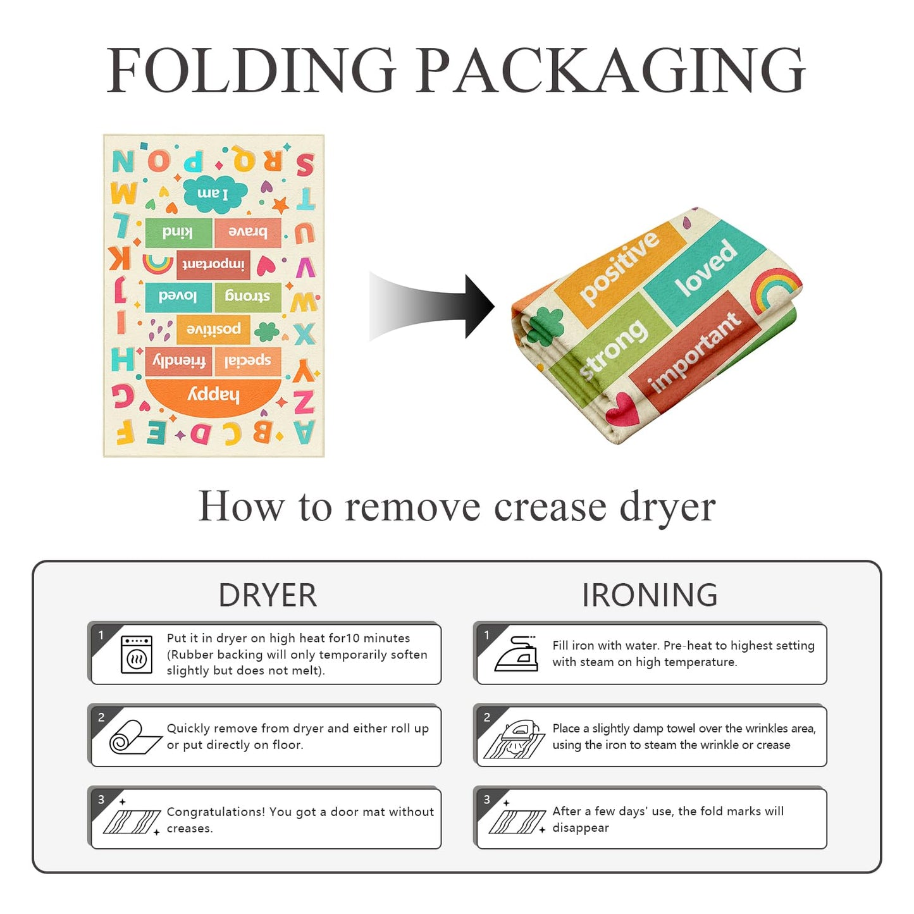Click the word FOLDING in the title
[x=251, y=70]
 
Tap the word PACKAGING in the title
[x=610, y=70]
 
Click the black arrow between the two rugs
[x=431, y=306]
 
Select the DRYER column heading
[x=268, y=595]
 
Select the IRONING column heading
[x=650, y=595]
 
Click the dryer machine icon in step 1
[x=137, y=655]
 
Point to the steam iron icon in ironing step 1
[x=516, y=654]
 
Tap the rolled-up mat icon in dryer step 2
[x=135, y=737]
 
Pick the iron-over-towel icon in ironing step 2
[x=515, y=739]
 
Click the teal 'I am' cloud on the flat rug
[x=215, y=193]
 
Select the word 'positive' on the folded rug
[x=619, y=268]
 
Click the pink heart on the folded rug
[x=622, y=408]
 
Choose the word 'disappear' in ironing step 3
[x=581, y=828]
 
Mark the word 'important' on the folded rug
[x=695, y=354]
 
